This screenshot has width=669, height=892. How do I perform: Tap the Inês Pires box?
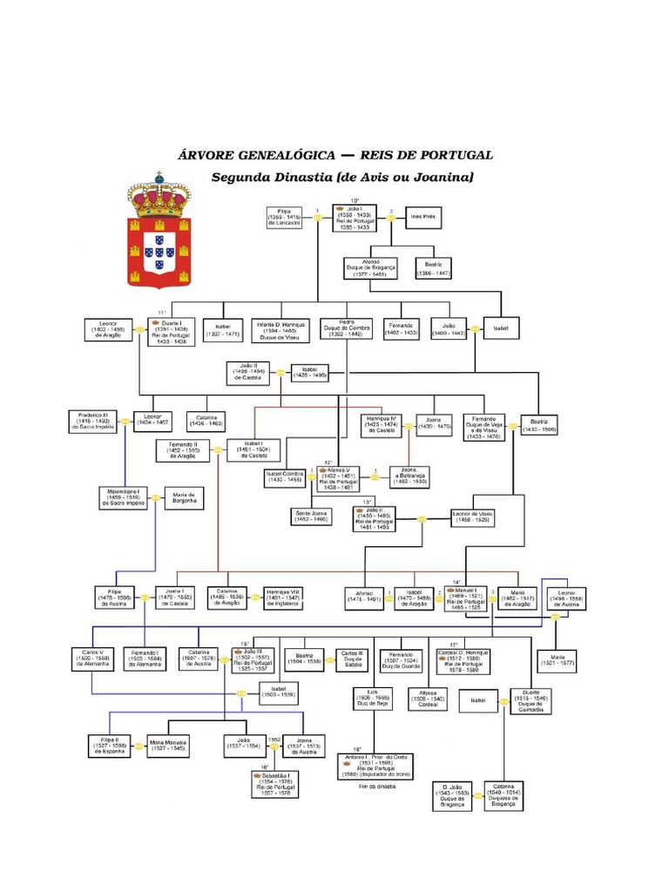422,217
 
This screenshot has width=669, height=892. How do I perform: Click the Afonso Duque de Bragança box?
371,267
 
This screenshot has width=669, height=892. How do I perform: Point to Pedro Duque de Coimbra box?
346,328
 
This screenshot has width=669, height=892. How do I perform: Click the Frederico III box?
92,422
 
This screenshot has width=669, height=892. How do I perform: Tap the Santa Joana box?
311,517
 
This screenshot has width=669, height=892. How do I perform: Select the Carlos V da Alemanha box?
92,659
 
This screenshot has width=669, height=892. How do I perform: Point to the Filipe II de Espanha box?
109,746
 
